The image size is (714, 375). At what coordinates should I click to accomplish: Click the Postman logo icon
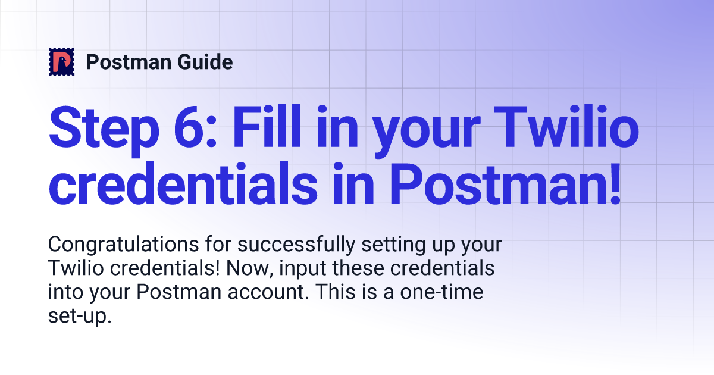pyautogui.click(x=61, y=62)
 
